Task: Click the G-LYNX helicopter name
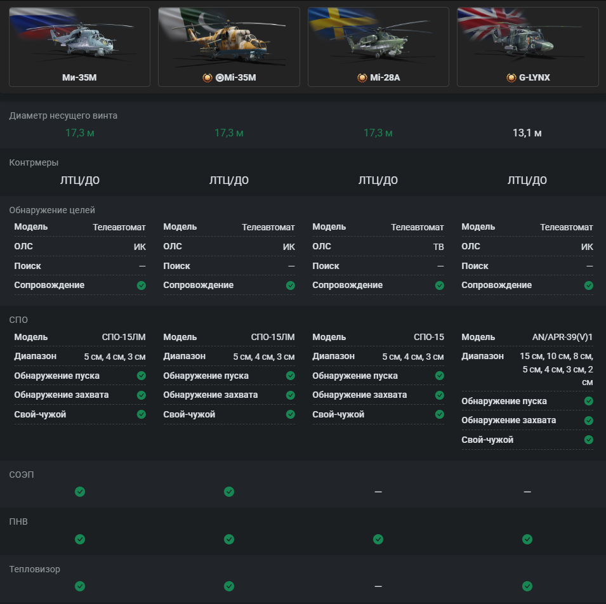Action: point(534,77)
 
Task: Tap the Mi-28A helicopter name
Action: point(385,77)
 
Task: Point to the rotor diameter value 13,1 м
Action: point(527,133)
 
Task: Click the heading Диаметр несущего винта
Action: point(63,115)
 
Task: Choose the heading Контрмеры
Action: point(34,162)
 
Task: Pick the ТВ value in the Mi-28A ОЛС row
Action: point(438,247)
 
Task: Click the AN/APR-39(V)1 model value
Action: point(562,337)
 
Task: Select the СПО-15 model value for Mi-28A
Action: point(429,337)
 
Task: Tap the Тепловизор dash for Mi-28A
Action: point(378,586)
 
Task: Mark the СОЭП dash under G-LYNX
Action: point(527,492)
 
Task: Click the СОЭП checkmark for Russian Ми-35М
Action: point(80,492)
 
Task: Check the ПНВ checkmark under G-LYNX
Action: point(527,539)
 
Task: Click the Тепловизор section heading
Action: point(35,569)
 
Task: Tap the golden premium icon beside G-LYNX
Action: point(511,77)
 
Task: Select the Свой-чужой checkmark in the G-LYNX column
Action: point(589,440)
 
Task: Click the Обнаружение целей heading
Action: point(52,210)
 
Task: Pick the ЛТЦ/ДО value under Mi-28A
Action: point(378,180)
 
